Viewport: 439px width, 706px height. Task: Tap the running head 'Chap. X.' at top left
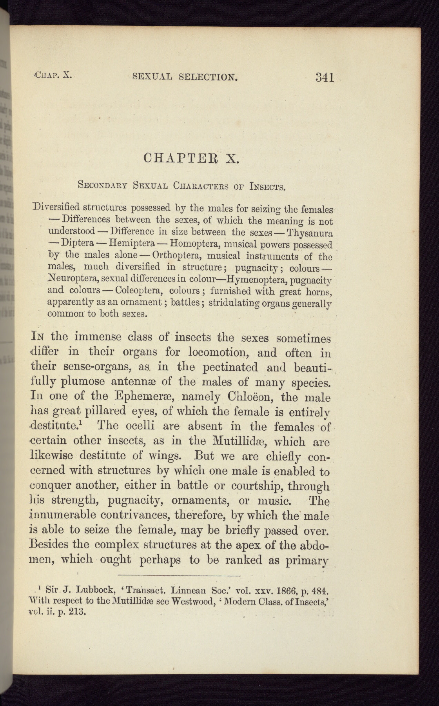[x=53, y=75]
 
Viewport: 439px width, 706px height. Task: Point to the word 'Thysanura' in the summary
[x=310, y=233]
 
